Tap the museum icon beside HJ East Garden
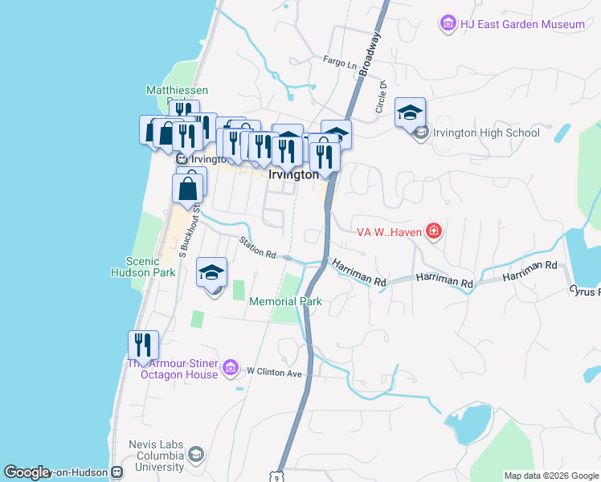pos(448,24)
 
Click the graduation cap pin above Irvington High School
pos(410,113)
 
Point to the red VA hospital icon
pos(434,232)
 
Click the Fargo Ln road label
pos(339,61)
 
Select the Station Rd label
pos(257,247)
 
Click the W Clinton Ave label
pos(274,372)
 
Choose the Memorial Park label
pos(285,301)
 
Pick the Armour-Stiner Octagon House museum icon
pos(231,367)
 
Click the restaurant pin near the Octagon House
pos(143,345)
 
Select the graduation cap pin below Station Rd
pos(212,273)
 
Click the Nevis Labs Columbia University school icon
pos(194,456)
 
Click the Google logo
pos(27,472)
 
